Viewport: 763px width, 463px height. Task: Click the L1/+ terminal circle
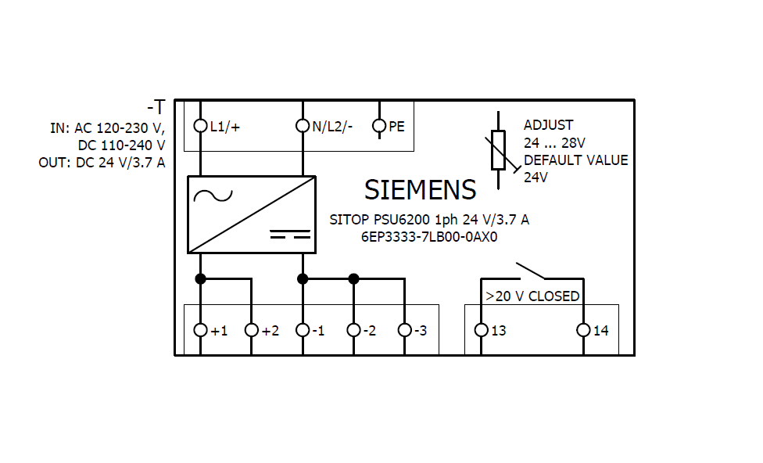click(x=201, y=125)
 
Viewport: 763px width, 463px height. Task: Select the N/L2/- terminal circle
click(x=303, y=125)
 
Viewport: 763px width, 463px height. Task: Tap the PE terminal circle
click(x=379, y=125)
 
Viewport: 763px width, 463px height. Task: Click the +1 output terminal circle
click(x=201, y=330)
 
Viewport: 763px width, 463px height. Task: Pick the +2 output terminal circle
click(x=251, y=330)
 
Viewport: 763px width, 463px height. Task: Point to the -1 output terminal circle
click(x=303, y=330)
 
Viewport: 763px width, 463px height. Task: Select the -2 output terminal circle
click(x=353, y=330)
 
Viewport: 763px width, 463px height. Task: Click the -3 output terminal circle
click(x=404, y=330)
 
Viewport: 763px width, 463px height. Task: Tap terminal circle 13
click(x=481, y=330)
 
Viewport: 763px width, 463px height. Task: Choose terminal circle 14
click(x=583, y=330)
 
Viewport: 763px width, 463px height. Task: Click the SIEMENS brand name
click(x=420, y=190)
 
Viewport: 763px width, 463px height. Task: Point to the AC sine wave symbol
click(x=213, y=196)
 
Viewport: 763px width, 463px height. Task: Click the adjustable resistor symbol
click(x=499, y=151)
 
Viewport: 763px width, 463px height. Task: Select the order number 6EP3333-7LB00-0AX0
click(x=428, y=237)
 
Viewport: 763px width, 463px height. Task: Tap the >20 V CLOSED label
click(x=532, y=296)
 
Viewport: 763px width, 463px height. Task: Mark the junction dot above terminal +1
click(x=201, y=278)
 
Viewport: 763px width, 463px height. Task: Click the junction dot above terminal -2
click(x=353, y=278)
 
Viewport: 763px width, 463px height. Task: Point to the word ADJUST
click(x=548, y=125)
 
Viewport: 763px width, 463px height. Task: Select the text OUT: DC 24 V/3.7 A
click(x=102, y=163)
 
